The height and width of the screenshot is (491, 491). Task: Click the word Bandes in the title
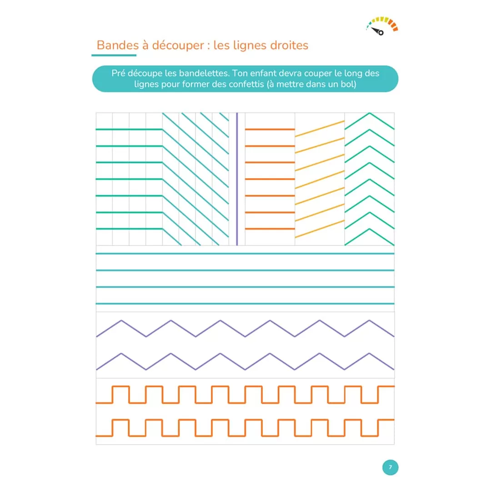(x=117, y=45)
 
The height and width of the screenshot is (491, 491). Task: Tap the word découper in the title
(x=178, y=46)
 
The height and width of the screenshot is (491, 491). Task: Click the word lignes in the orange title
(x=249, y=46)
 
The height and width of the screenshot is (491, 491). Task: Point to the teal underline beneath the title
(x=114, y=55)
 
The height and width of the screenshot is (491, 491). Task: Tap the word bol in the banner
(x=350, y=84)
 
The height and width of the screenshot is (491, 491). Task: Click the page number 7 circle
(x=390, y=467)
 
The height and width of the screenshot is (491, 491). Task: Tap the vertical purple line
(x=237, y=179)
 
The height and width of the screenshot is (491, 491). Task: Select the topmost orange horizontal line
(x=270, y=129)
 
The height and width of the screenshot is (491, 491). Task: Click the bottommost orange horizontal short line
(x=270, y=229)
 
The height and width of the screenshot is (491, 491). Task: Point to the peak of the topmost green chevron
(x=370, y=113)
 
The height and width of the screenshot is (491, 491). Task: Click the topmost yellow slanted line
(x=320, y=129)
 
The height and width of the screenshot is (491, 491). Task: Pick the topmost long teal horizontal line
(x=245, y=254)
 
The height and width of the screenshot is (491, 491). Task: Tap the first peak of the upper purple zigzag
(x=121, y=321)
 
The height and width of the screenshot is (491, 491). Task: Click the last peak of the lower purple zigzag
(x=370, y=354)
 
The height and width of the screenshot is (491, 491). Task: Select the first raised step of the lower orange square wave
(x=121, y=420)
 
